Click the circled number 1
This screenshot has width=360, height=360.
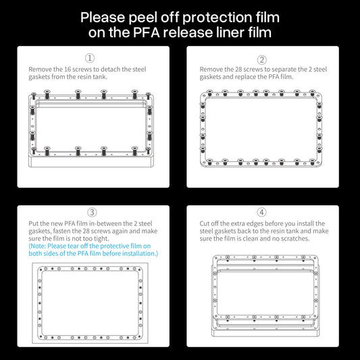click(90, 59)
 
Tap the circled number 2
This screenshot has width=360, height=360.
click(262, 59)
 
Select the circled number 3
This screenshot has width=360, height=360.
click(93, 213)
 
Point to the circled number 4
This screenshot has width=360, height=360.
click(262, 213)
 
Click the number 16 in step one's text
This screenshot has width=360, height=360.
click(66, 69)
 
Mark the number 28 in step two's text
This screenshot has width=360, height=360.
click(237, 69)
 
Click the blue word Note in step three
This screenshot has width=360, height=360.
click(39, 246)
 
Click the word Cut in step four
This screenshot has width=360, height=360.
click(205, 224)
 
